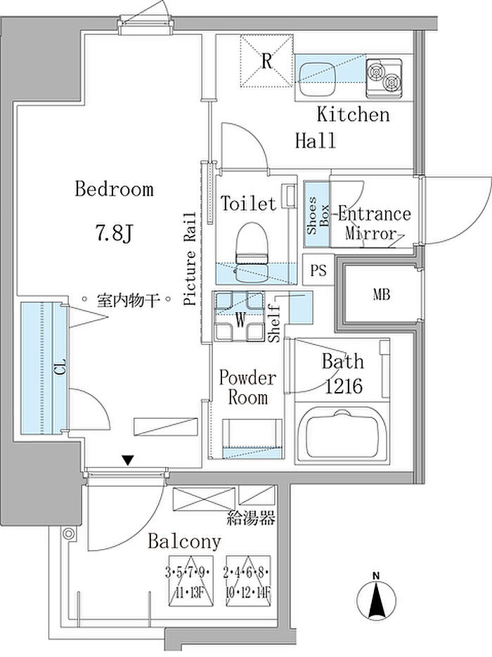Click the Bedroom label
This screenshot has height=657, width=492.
tap(114, 189)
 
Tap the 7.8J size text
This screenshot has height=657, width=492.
tap(114, 233)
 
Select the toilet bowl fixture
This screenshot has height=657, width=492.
tap(252, 252)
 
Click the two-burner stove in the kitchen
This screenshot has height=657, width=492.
tap(384, 78)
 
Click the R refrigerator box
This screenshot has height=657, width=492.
tap(266, 61)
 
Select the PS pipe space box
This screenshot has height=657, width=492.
tap(318, 270)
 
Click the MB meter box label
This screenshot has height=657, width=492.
tap(382, 294)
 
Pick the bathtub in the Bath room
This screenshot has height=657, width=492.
tap(342, 435)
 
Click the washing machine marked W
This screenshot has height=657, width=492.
tap(240, 316)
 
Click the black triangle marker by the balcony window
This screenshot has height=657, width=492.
tap(128, 460)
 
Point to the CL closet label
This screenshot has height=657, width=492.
tap(60, 367)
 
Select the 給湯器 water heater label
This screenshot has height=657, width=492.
tap(251, 519)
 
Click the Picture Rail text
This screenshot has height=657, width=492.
tap(190, 259)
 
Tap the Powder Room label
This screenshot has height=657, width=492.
tap(247, 387)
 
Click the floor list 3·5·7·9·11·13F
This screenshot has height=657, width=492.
tap(190, 583)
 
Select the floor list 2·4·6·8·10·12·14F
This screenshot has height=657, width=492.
tap(247, 583)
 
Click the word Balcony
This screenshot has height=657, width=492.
tap(184, 541)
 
